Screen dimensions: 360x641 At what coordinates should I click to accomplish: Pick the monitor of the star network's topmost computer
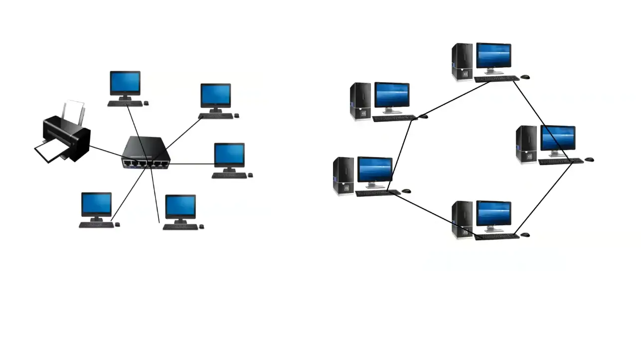pos(125,83)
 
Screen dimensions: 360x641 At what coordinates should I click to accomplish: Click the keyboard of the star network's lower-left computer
pos(96,225)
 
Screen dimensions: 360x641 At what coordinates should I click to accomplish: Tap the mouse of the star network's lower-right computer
pos(202,227)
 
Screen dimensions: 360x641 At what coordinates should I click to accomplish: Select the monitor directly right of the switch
pos(229,155)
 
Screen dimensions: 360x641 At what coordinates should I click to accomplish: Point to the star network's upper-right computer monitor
pos(216,96)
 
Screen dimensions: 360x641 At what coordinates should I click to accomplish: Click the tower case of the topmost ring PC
pos(462,62)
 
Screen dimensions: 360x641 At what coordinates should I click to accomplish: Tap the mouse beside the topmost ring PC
pos(525,77)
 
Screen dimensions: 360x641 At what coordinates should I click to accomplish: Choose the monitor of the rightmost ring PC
pos(558,138)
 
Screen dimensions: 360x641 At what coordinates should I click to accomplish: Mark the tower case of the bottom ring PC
pos(462,219)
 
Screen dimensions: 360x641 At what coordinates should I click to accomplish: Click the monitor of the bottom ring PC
pos(493,213)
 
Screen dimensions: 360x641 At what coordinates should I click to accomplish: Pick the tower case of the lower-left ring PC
pos(343,176)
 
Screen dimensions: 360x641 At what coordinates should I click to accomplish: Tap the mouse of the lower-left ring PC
pos(406,191)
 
